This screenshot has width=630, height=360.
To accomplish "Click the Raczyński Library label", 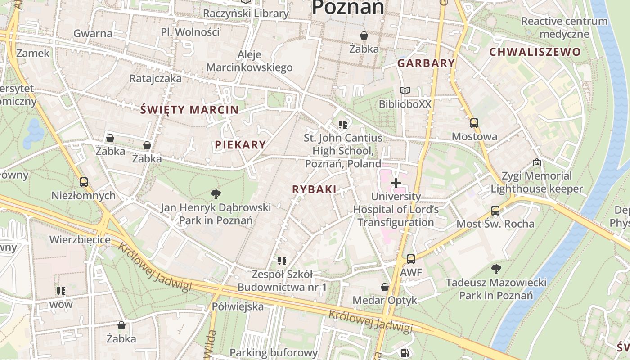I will pos(245,13).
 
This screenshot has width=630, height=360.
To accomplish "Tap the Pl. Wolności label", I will pos(190,32).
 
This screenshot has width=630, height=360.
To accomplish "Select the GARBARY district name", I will pos(426,63).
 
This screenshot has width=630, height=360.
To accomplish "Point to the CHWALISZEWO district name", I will pos(535,52).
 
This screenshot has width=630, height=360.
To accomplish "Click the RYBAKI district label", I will pos(314,189).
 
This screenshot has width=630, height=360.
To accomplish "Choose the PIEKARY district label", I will pos(240,144).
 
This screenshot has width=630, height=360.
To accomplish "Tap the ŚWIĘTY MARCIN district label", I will pos(189,109).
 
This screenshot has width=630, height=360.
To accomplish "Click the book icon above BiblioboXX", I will pos(405,91).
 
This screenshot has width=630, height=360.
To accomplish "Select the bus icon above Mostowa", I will pos(474,123).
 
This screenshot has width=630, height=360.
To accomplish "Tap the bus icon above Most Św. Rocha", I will pos(495,210).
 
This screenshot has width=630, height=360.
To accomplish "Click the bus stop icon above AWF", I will pos(411,259).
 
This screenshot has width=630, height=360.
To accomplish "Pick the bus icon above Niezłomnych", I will pos(83,182).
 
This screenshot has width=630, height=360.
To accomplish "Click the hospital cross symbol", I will pos(396,183).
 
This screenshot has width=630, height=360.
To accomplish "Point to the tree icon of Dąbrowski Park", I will pos(216,194).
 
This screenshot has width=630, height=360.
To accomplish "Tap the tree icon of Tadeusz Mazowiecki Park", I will pos(496,269).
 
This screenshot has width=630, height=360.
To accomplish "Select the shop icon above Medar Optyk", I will pos(385,287).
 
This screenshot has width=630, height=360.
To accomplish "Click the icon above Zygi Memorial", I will pos(536,162).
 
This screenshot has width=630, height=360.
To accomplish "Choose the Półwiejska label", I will pos(238,306).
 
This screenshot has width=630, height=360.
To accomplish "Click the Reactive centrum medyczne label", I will pos(564,27).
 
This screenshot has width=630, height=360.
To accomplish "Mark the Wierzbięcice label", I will pos(80,239).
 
